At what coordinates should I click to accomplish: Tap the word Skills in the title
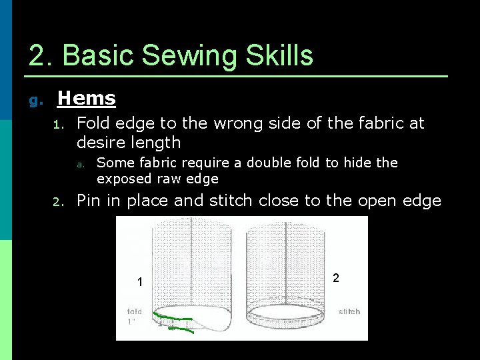pyautogui.click(x=280, y=55)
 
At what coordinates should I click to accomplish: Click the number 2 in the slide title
pyautogui.click(x=37, y=55)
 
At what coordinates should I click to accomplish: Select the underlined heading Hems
pyautogui.click(x=87, y=99)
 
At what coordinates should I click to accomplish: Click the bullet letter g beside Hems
pyautogui.click(x=35, y=101)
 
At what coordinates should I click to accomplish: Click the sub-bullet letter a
pyautogui.click(x=79, y=164)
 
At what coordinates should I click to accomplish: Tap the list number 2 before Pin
pyautogui.click(x=58, y=202)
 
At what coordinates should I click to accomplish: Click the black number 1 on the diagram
pyautogui.click(x=139, y=283)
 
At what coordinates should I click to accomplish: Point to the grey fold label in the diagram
pyautogui.click(x=134, y=312)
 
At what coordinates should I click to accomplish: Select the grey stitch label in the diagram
pyautogui.click(x=349, y=311)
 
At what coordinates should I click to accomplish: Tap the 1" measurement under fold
pyautogui.click(x=132, y=322)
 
